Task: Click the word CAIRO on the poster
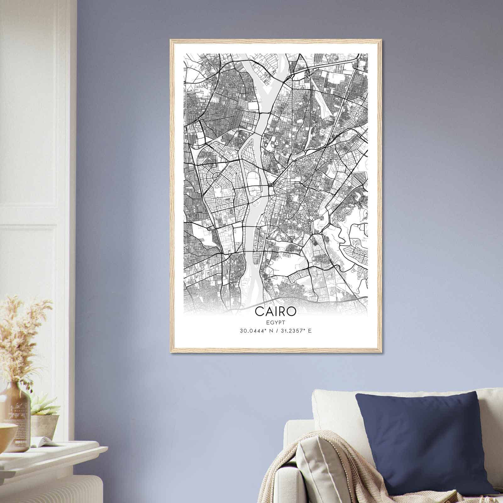pos(275,311)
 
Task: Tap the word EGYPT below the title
pos(275,322)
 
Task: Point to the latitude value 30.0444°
pos(252,331)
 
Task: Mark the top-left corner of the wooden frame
pos(171,40)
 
